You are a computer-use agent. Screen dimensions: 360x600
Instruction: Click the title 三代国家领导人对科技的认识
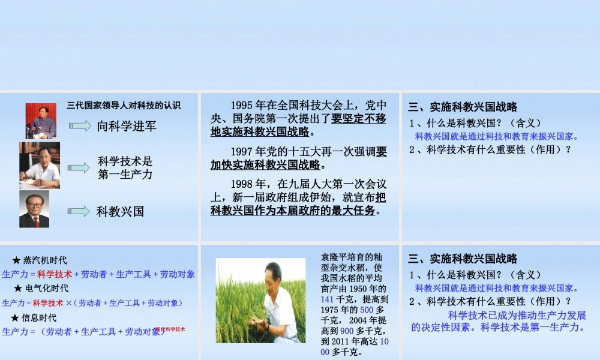(123, 106)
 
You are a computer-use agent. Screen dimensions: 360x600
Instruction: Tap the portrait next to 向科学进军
(41, 121)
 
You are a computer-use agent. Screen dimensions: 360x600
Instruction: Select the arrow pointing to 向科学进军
(79, 126)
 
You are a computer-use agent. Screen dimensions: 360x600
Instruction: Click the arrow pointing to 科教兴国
(79, 211)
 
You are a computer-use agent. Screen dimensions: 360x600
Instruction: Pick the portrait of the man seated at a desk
(40, 166)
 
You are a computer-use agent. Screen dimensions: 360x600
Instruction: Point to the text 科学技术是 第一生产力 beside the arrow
(125, 168)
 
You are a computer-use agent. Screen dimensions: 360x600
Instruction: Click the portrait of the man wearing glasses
(34, 209)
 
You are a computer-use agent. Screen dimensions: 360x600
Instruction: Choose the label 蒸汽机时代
(45, 260)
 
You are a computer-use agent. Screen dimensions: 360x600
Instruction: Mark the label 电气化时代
(46, 289)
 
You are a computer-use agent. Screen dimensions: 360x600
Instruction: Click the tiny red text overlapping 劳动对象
(170, 329)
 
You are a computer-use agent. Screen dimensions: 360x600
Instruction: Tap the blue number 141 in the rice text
(328, 299)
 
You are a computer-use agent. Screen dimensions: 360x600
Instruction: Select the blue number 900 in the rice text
(347, 331)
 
